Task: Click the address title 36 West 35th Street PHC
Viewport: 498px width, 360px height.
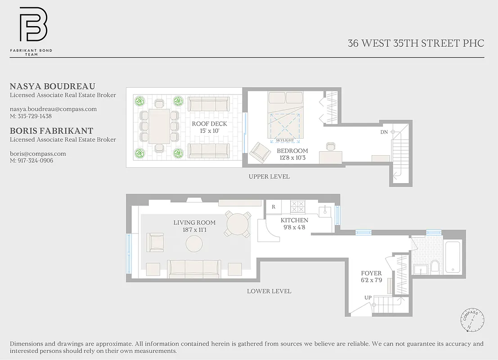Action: [416, 43]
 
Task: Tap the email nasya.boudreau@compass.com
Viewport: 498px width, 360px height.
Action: [53, 109]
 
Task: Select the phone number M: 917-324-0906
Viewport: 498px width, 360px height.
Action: [31, 160]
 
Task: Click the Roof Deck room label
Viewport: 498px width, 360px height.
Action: [209, 127]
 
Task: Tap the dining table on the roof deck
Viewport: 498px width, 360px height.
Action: [159, 127]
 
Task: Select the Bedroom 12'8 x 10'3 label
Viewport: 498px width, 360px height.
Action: [292, 154]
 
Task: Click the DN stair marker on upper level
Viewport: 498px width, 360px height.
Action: [384, 132]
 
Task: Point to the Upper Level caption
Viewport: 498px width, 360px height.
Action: [269, 176]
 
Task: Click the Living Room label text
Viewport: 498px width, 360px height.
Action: [194, 226]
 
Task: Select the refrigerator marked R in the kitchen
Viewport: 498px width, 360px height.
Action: [273, 207]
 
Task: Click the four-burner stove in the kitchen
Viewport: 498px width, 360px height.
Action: [297, 207]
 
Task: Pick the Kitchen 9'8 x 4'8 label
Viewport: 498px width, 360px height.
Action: [294, 224]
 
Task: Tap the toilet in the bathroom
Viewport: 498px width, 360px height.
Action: [435, 266]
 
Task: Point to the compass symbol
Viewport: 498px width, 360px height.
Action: [472, 321]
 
